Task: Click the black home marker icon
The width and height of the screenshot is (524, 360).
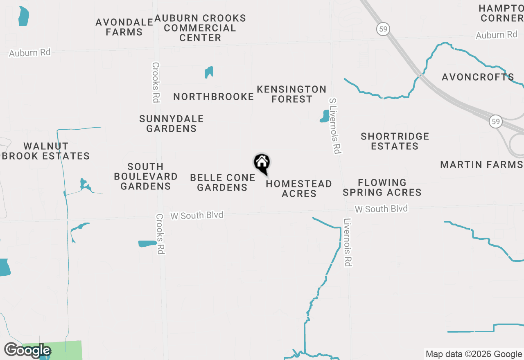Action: coord(262,163)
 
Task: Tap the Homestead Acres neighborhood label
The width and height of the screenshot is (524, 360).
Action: coord(299,189)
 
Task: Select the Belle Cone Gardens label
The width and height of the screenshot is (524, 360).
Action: coord(223,182)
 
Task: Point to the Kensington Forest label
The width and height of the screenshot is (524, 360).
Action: coord(291,94)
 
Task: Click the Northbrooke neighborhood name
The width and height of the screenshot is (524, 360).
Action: coord(214,97)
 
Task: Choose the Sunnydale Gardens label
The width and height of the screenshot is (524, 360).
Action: coord(172,124)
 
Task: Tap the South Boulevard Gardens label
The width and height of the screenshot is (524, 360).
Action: coord(146,176)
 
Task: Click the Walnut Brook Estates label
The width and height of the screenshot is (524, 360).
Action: coord(46,151)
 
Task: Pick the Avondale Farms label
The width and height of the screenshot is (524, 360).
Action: coord(124,27)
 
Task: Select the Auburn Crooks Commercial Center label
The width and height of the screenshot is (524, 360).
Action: coord(200,28)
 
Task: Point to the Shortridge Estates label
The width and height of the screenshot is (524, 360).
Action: coord(395,141)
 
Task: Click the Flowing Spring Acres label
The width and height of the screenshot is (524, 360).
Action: coord(382,187)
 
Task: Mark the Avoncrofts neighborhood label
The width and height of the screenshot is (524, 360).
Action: coord(478,77)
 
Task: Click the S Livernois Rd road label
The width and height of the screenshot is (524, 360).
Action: coord(335,126)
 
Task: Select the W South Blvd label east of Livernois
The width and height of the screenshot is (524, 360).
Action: coord(381,209)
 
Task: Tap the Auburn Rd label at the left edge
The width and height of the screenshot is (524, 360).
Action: coord(30,53)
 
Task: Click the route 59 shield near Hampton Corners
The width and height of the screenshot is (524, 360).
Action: coord(383,29)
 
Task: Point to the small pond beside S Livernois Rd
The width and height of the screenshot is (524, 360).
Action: coord(325,116)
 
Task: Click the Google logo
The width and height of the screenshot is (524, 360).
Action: coord(27,351)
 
